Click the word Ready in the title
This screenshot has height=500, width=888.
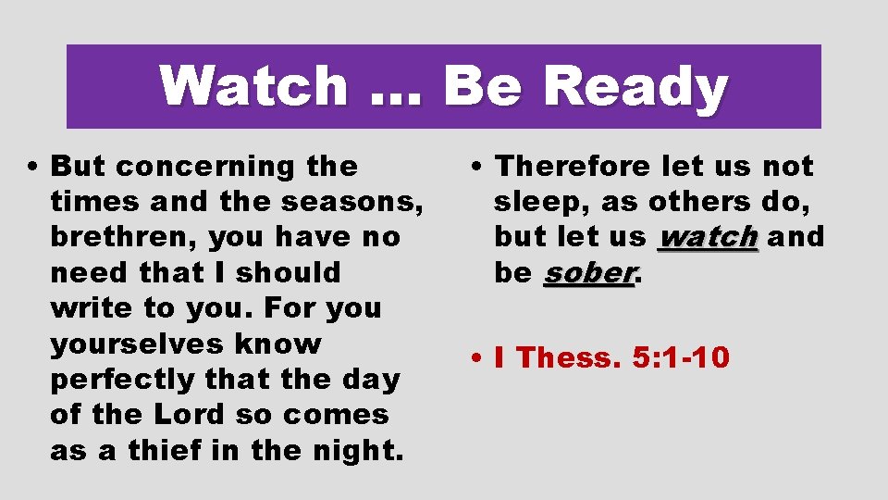(635, 88)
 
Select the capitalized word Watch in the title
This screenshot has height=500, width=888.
(253, 86)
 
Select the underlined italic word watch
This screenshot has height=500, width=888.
(708, 237)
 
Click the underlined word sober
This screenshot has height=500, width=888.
(589, 273)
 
